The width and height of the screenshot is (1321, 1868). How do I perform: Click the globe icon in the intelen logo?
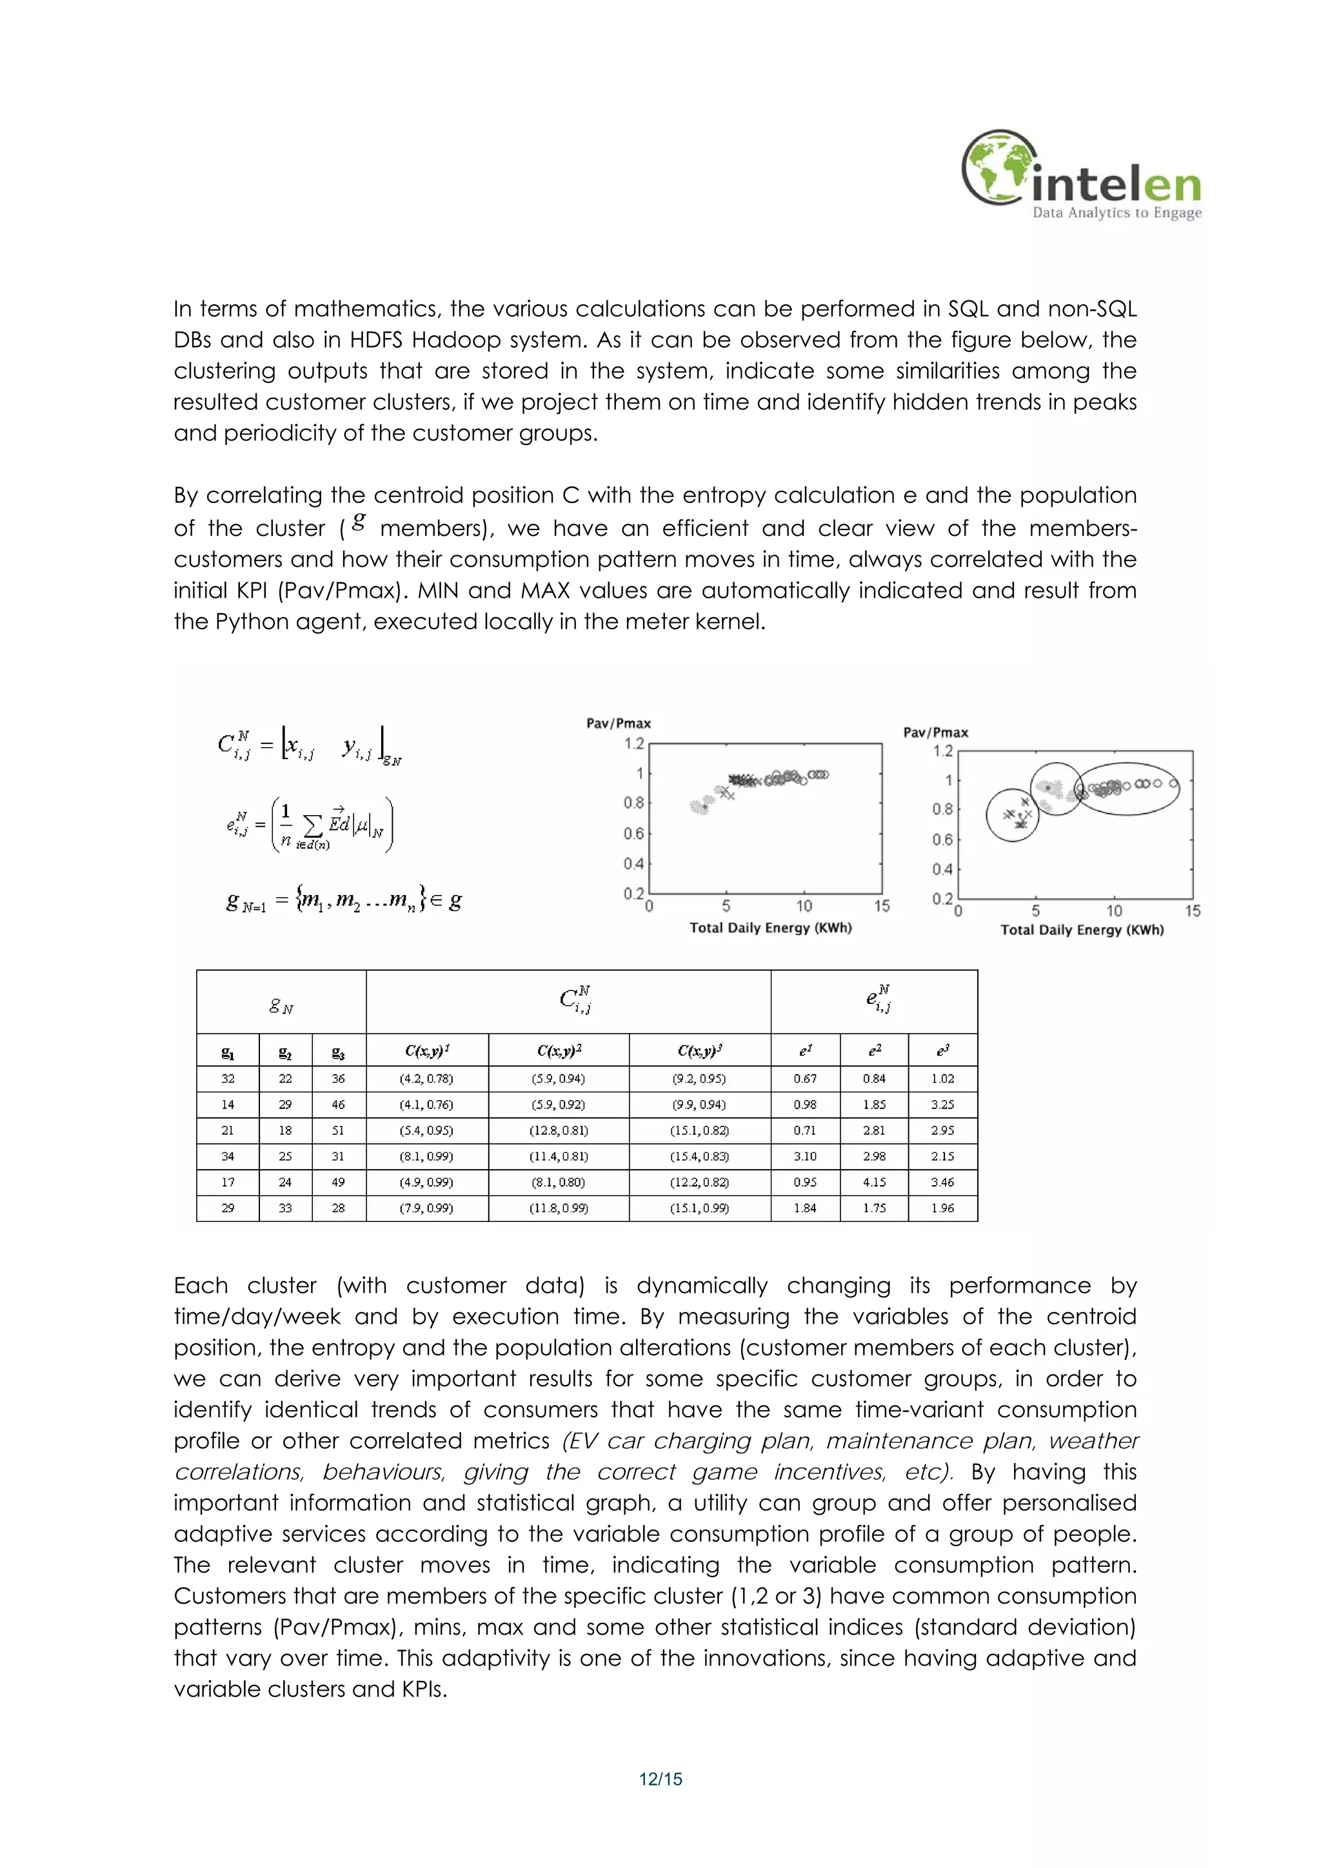[x=1000, y=167]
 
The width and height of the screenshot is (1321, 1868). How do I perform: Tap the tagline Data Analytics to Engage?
[x=1117, y=213]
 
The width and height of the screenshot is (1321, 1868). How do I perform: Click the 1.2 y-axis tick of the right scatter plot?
[x=942, y=751]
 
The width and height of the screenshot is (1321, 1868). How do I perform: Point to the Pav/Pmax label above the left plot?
[x=619, y=723]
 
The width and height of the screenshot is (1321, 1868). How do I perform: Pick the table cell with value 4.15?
[x=874, y=1182]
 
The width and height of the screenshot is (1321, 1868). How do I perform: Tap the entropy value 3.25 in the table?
[x=942, y=1104]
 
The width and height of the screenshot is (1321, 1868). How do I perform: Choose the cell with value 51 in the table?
[x=339, y=1130]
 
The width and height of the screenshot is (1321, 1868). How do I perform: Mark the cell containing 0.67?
[x=805, y=1078]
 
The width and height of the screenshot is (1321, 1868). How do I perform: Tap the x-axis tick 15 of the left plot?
[x=882, y=907]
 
